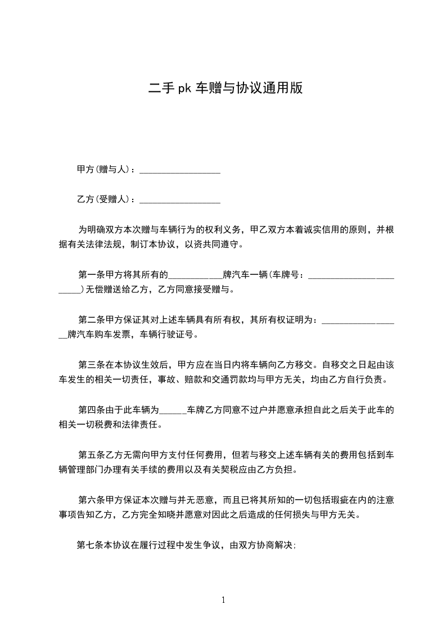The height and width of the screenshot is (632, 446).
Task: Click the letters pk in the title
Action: tap(185, 88)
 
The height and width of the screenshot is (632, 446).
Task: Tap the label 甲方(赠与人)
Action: tap(103, 169)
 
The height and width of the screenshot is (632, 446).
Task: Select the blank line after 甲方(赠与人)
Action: tap(179, 171)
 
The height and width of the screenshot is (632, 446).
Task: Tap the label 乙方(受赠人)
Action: tap(103, 199)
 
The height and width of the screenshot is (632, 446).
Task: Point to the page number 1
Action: tap(223, 599)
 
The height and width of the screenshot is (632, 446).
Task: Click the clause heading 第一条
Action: tap(91, 275)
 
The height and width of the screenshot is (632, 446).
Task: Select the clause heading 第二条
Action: tap(91, 320)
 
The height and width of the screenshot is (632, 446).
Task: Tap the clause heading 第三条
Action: tap(91, 364)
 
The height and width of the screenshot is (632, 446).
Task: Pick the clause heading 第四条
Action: tap(91, 410)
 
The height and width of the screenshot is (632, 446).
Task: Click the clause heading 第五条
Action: tap(91, 455)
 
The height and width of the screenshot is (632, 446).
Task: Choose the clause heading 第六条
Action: tap(91, 500)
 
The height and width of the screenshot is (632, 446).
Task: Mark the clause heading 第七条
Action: tap(89, 545)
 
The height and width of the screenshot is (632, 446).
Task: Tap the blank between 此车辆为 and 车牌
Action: tap(174, 412)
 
